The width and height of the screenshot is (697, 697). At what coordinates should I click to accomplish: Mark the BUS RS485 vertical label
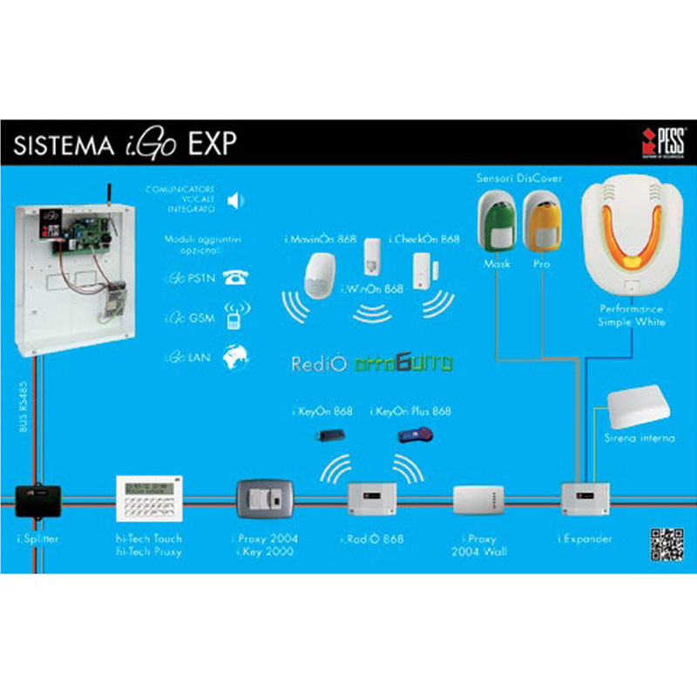(24, 405)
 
